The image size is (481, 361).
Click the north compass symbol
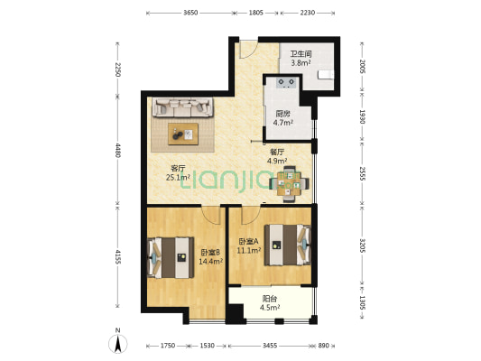tap(118, 344)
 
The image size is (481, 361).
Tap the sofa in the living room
tap(183, 107)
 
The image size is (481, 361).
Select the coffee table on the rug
tap(183, 134)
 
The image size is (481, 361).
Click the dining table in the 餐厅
tap(289, 184)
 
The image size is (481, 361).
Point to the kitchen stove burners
tap(287, 83)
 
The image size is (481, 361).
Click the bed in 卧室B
tap(171, 257)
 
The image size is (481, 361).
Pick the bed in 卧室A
tap(288, 245)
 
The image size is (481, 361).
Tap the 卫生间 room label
tap(301, 54)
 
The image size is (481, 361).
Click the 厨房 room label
tap(282, 114)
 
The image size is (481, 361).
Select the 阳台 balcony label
tap(270, 299)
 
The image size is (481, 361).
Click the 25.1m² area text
tap(178, 177)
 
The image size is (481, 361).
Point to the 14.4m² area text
tap(211, 262)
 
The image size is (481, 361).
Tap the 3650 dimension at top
tap(190, 13)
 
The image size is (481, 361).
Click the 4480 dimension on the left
tap(118, 150)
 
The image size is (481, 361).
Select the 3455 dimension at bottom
tap(270, 346)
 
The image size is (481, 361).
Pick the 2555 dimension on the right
tap(363, 173)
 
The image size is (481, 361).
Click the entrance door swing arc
tap(249, 50)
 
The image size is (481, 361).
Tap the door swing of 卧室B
tap(211, 216)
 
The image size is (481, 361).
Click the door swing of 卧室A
tap(251, 216)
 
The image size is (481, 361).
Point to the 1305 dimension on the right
tap(363, 302)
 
